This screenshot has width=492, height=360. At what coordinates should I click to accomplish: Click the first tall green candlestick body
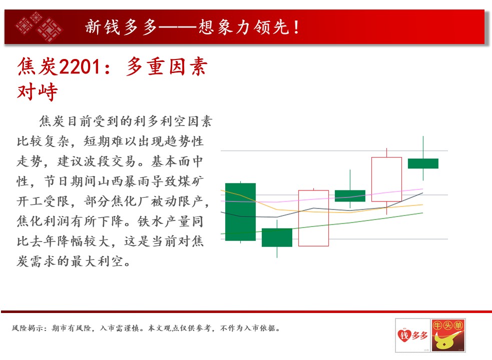[x=240, y=212]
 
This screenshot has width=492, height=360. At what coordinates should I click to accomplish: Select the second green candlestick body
[x=277, y=237]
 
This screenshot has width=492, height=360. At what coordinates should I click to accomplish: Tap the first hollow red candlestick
[x=313, y=218]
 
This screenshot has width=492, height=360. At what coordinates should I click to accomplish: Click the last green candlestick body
[x=423, y=163]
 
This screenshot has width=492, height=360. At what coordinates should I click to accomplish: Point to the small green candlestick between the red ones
[x=350, y=195]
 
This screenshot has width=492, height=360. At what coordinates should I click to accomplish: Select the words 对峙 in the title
[x=38, y=92]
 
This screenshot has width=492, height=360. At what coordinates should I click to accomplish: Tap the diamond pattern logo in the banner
[x=39, y=26]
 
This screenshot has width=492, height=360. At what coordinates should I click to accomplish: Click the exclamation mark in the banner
[x=296, y=27]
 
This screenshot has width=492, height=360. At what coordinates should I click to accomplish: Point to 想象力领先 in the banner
[x=243, y=27]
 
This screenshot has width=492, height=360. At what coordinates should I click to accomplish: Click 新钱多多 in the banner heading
[x=121, y=27]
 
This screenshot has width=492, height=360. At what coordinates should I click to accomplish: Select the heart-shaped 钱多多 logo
[x=412, y=335]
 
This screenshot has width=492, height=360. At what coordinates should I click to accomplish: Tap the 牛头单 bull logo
[x=448, y=335]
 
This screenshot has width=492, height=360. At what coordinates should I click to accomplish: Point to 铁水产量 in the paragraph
[x=164, y=221]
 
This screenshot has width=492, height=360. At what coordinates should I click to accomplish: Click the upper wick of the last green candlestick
[x=423, y=147]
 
